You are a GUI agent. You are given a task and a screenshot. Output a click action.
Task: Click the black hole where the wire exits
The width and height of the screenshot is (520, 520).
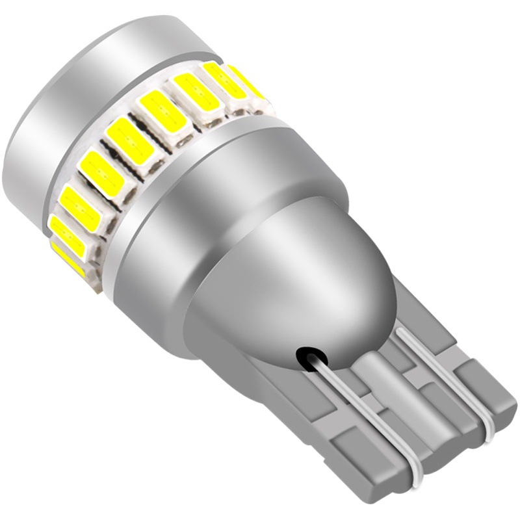pyautogui.click(x=305, y=356)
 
